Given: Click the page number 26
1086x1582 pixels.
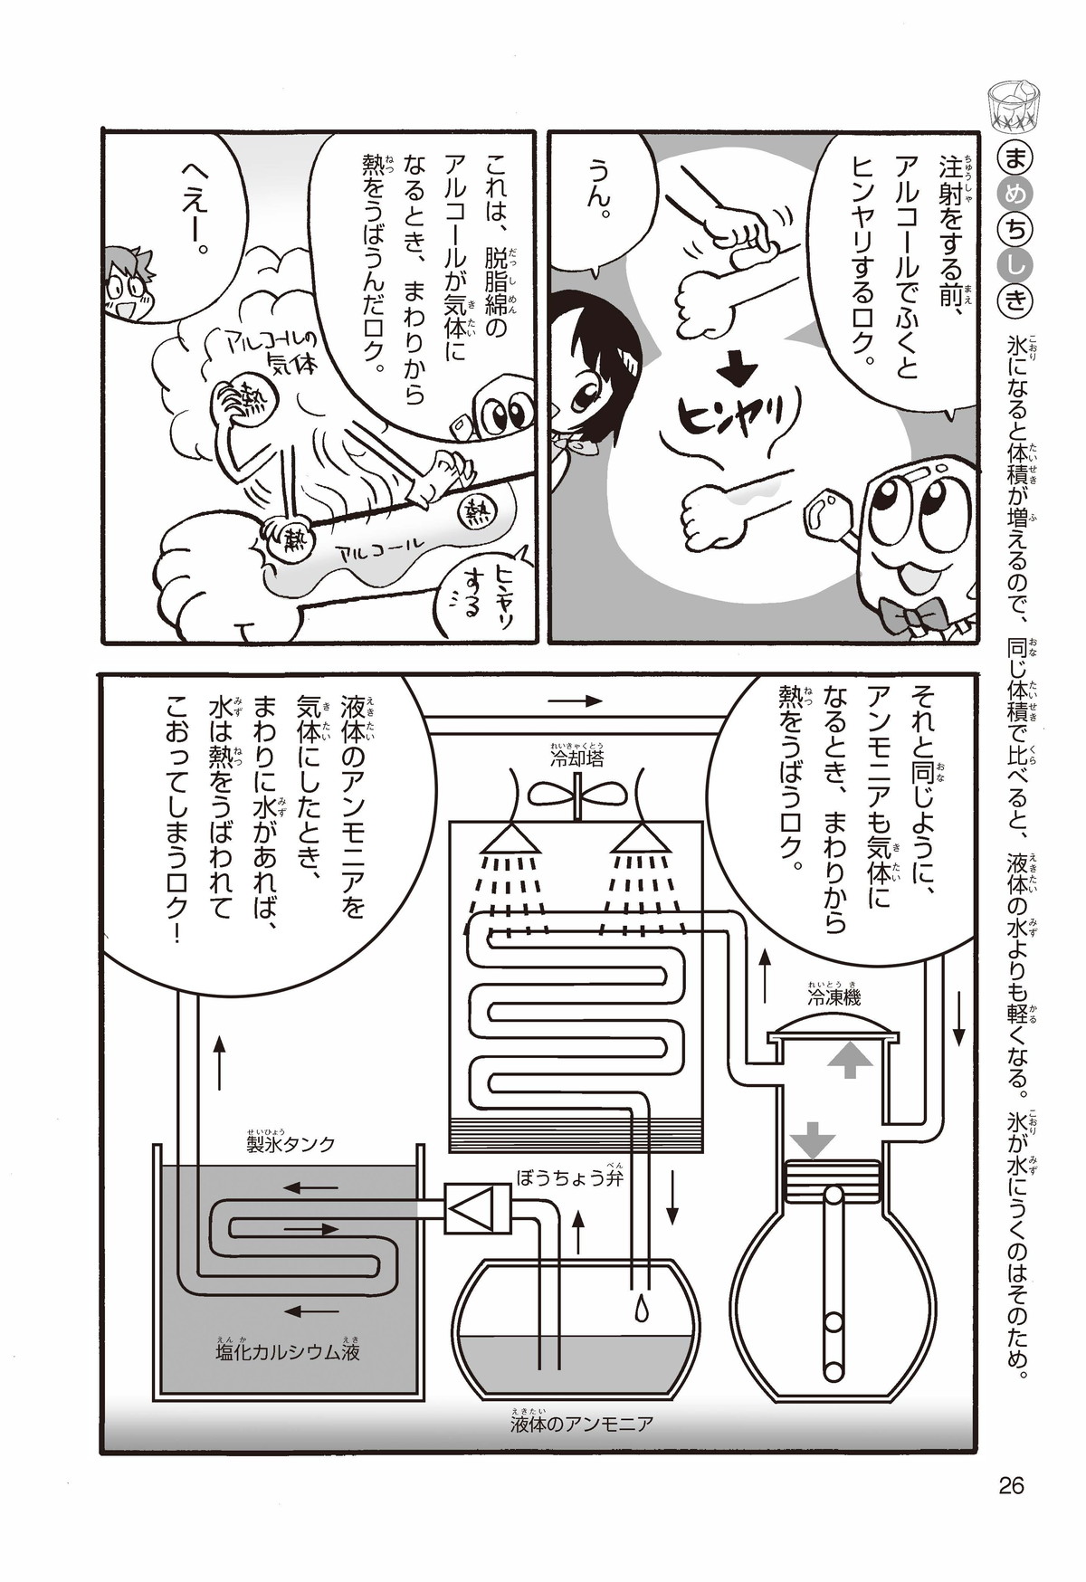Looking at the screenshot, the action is (1011, 1486).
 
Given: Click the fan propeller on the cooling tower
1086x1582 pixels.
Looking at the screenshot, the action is (576, 793).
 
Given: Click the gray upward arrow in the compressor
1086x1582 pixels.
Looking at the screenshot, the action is (849, 1058).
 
